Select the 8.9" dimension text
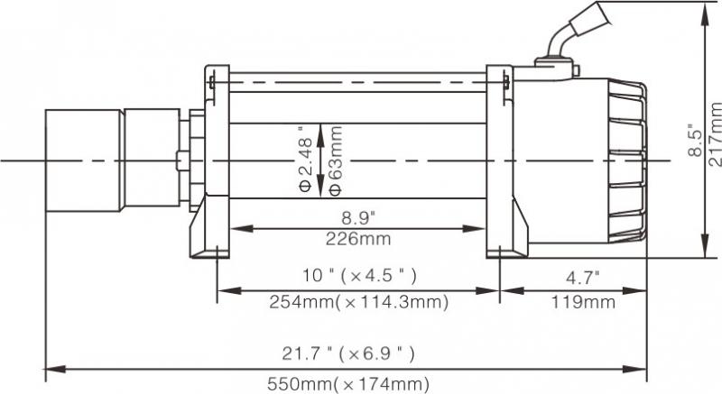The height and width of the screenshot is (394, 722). (x=359, y=216)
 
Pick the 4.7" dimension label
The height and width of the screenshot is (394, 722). (x=583, y=275)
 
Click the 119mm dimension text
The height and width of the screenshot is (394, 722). (x=583, y=303)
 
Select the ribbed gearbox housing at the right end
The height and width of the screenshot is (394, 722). (x=623, y=162)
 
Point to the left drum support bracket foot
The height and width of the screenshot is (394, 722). (x=209, y=243)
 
